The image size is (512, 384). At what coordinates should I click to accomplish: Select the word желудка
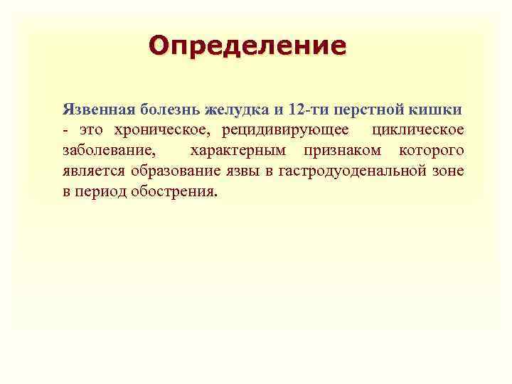(x=236, y=110)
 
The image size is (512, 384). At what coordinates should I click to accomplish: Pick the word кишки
(x=437, y=110)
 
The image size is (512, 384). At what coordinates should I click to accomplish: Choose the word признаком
(x=341, y=151)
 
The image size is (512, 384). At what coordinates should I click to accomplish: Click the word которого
(x=431, y=151)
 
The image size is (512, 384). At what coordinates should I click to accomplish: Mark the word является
(x=92, y=172)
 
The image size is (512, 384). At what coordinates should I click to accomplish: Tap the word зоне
(x=449, y=172)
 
